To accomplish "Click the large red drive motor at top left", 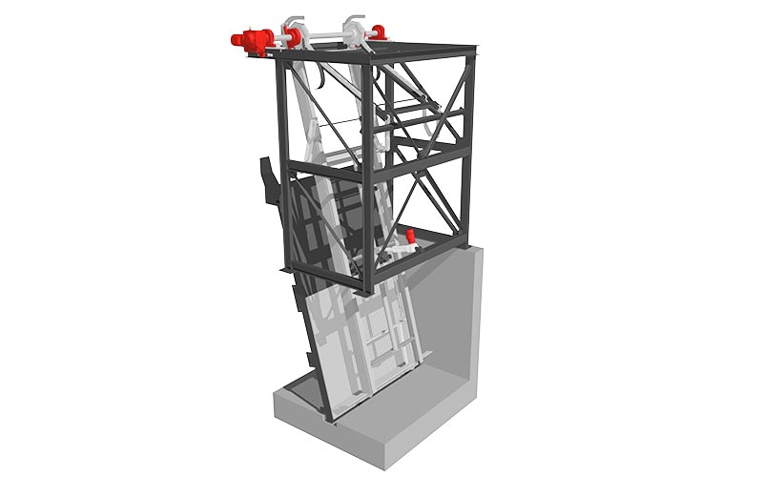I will [x=251, y=41].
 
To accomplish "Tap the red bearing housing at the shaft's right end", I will [x=379, y=32].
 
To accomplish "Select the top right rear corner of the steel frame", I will [x=473, y=53].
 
